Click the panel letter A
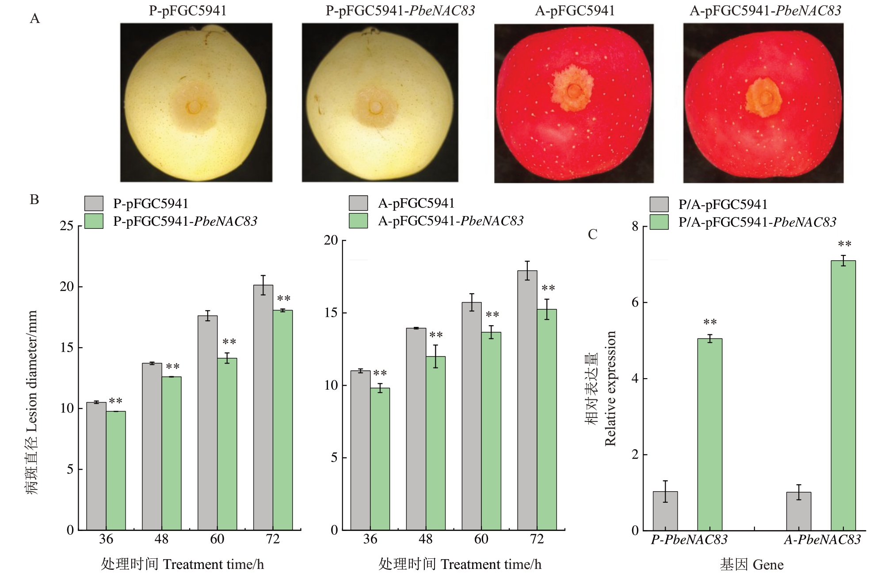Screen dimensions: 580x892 click(x=34, y=19)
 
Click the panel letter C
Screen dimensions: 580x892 click(x=592, y=234)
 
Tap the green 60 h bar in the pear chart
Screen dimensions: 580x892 click(x=227, y=444)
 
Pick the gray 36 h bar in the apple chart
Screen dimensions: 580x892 click(x=360, y=450)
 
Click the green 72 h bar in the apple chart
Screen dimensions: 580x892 click(x=547, y=419)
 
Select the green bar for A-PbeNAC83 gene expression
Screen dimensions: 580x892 click(x=843, y=395)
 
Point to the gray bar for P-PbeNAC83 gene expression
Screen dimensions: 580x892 click(x=665, y=511)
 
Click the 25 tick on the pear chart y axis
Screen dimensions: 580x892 click(x=67, y=226)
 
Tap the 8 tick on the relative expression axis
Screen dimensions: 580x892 click(x=635, y=227)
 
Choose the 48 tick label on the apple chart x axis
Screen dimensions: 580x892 click(x=426, y=539)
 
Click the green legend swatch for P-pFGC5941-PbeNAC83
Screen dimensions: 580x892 click(x=94, y=221)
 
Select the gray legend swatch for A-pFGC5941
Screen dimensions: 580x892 click(x=358, y=203)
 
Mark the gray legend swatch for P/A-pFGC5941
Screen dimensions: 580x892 click(x=659, y=205)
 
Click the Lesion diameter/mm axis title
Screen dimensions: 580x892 click(x=32, y=402)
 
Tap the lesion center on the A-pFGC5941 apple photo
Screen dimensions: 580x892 click(x=574, y=91)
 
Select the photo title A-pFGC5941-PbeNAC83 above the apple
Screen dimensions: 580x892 click(x=765, y=11)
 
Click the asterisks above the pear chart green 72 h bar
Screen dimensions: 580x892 click(x=283, y=299)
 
